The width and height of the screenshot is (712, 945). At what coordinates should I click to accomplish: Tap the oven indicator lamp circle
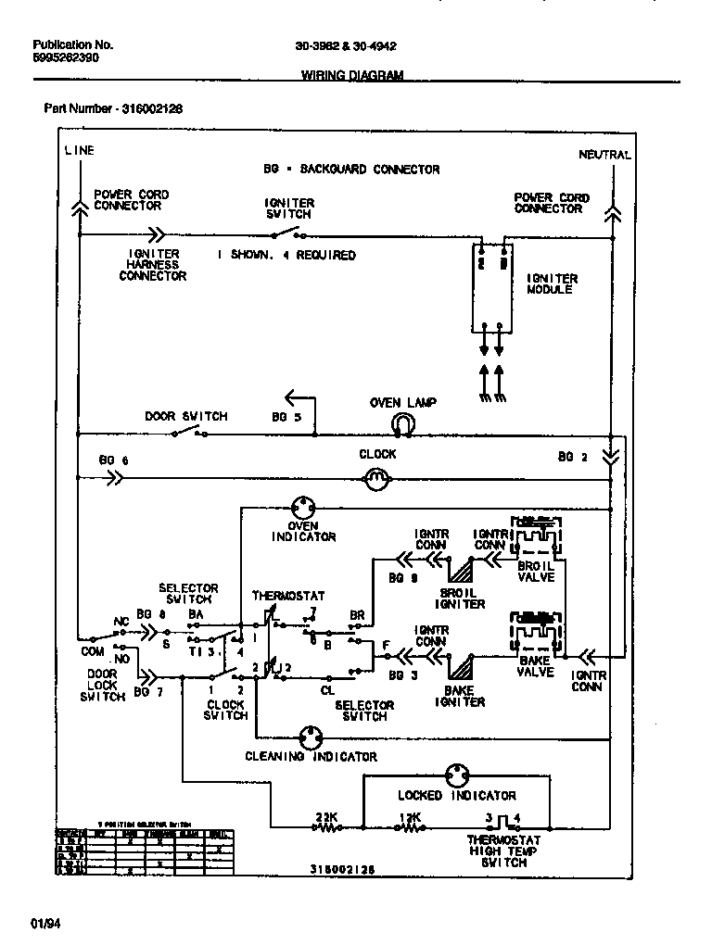pyautogui.click(x=303, y=507)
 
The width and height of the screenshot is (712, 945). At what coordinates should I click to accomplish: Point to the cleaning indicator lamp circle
pyautogui.click(x=310, y=739)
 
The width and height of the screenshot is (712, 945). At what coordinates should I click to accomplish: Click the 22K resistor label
pyautogui.click(x=325, y=816)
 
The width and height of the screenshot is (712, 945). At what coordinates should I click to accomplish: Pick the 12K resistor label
pyautogui.click(x=409, y=816)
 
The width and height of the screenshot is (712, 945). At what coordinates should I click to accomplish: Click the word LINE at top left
pyautogui.click(x=79, y=150)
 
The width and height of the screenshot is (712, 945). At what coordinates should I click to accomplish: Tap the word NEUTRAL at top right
pyautogui.click(x=604, y=155)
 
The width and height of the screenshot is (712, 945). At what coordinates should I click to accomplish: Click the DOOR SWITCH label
pyautogui.click(x=185, y=416)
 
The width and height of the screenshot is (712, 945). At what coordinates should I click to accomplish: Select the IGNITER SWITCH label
pyautogui.click(x=289, y=208)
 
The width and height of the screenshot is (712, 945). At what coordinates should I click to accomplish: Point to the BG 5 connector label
pyautogui.click(x=286, y=417)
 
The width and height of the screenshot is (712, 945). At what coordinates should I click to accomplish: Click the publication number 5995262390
pyautogui.click(x=66, y=57)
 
